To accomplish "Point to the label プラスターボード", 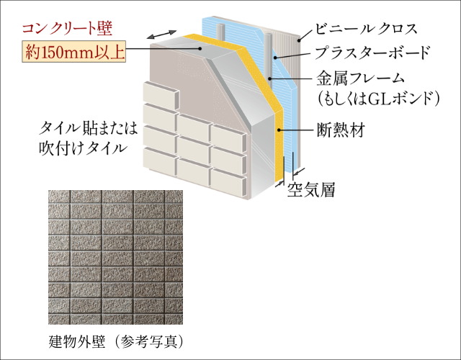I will tap(373, 53).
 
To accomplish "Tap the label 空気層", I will tap(312, 190).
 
